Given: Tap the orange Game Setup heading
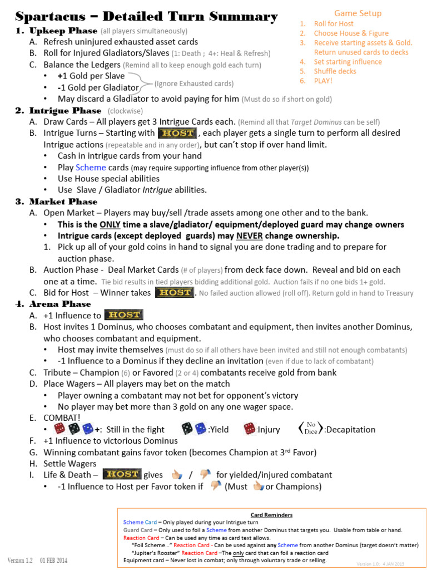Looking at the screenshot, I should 358,13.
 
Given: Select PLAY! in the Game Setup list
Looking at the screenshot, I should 323,81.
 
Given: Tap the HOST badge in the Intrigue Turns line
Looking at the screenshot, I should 177,134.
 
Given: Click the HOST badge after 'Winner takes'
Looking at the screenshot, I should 174,293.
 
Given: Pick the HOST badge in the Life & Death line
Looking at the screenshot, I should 122,475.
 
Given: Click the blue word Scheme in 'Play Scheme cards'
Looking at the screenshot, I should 91,168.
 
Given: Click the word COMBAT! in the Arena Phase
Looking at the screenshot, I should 62,418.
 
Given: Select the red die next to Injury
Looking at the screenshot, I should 250,429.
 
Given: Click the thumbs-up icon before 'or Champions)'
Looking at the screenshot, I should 257,487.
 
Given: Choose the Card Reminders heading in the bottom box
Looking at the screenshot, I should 271,515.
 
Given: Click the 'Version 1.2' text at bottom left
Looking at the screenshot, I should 21,559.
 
